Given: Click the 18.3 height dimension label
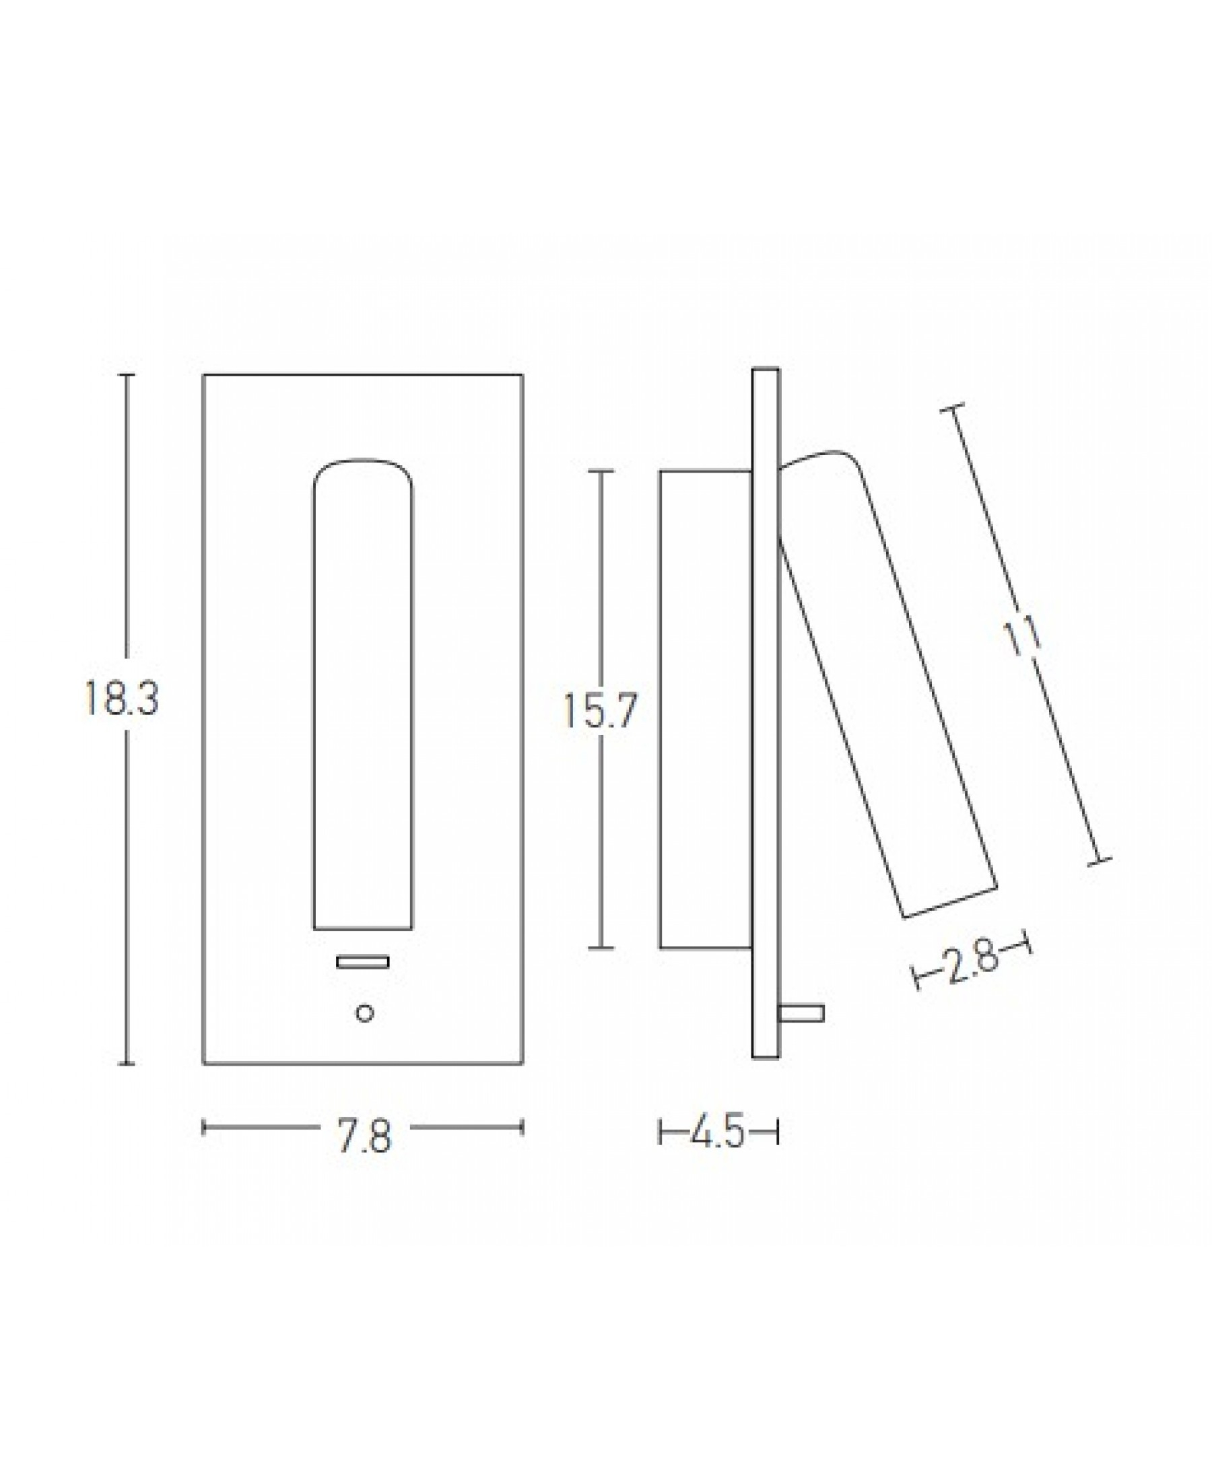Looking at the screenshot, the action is click(x=122, y=699).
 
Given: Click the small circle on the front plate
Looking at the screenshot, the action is click(x=364, y=1013).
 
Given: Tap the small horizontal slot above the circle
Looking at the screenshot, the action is click(x=363, y=963).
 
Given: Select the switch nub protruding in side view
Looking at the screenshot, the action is click(x=801, y=1013).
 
